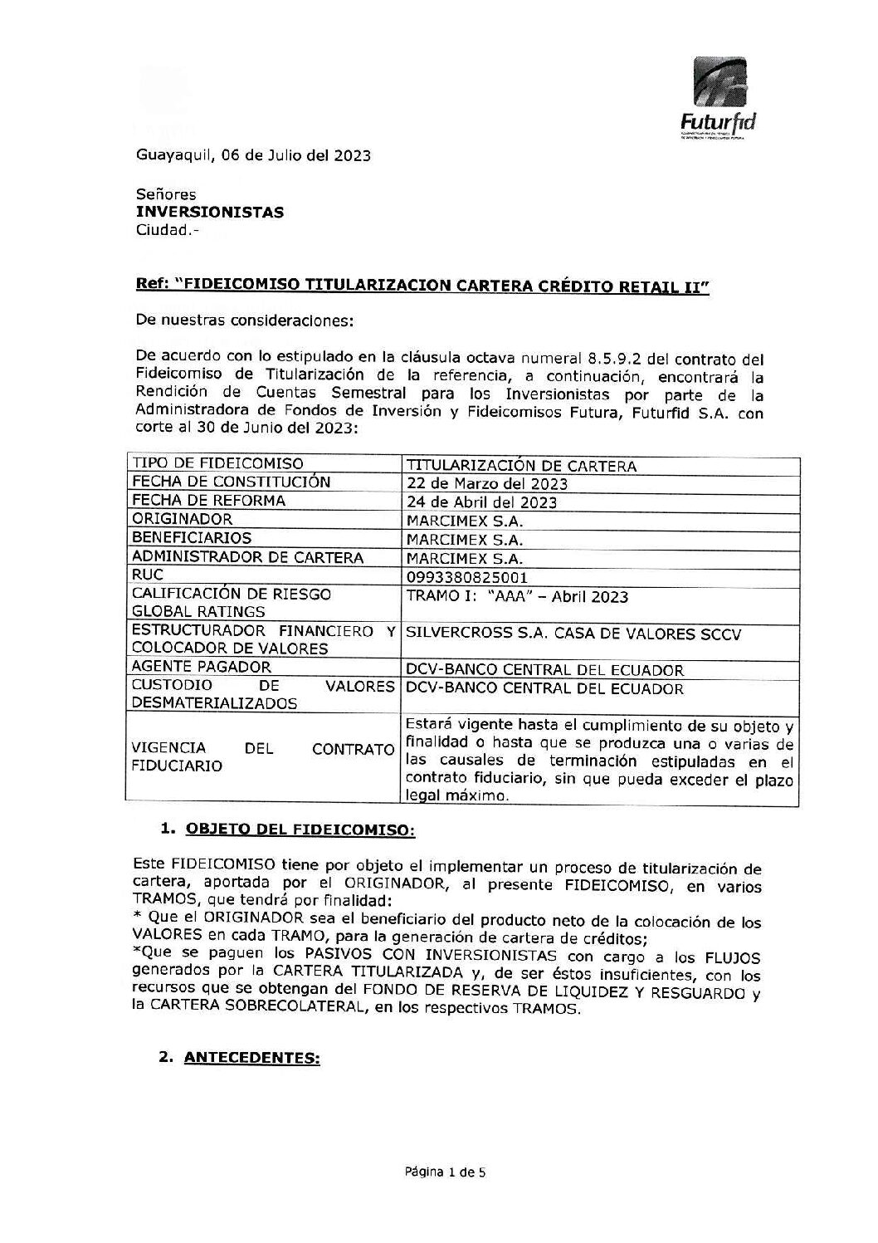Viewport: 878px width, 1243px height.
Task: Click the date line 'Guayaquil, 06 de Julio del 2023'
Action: [253, 155]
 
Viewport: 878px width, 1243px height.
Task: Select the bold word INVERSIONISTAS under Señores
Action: [210, 213]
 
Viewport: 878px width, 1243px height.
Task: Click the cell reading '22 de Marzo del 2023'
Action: [487, 483]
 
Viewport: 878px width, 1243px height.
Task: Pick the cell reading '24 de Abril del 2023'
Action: [481, 502]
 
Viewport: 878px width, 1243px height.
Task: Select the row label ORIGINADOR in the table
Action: [183, 519]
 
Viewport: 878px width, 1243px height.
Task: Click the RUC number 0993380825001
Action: [467, 577]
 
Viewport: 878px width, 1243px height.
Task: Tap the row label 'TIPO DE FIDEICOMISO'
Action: [217, 463]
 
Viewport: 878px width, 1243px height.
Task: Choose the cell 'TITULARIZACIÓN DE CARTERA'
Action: [521, 466]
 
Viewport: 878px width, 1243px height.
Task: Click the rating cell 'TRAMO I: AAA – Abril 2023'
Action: [517, 597]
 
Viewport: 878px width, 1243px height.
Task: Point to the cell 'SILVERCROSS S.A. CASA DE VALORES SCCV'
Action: [573, 634]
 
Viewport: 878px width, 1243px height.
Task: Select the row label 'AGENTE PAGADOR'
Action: [202, 667]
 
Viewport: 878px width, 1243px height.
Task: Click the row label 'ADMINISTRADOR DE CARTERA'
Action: [247, 557]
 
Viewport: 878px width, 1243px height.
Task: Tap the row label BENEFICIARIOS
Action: [192, 538]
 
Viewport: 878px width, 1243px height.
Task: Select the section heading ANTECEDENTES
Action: [251, 1058]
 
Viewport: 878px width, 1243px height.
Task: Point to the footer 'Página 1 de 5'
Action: [445, 1172]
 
